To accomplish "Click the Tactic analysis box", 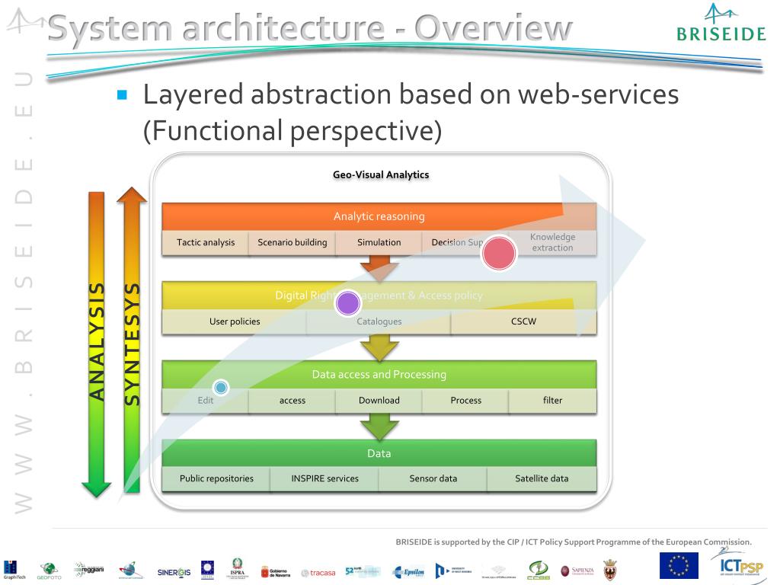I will click(206, 242).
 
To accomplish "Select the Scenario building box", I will click(292, 242).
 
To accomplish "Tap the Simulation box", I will click(379, 242).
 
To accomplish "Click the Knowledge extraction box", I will click(553, 242).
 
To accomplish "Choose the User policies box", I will click(235, 321).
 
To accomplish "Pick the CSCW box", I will click(523, 321).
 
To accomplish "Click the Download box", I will click(379, 400).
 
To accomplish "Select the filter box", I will click(552, 400).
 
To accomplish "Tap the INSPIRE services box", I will click(324, 478).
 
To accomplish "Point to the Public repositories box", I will click(216, 478).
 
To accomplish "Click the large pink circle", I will click(499, 254).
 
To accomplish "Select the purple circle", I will click(347, 304).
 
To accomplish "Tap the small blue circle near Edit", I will click(221, 388).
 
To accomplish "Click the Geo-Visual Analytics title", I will click(381, 174).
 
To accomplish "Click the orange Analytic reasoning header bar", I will click(379, 216).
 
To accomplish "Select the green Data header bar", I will click(379, 453).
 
